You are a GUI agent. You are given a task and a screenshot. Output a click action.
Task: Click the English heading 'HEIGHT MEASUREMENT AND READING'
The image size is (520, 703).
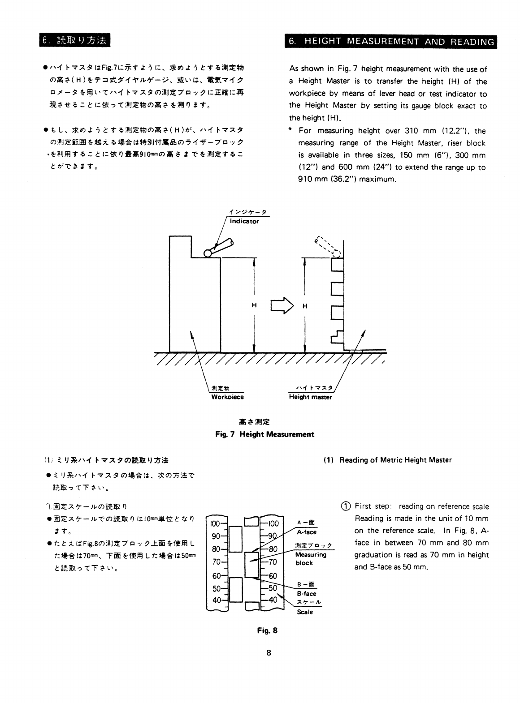tap(399, 42)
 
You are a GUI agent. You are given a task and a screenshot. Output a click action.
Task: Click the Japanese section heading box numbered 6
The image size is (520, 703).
tap(74, 40)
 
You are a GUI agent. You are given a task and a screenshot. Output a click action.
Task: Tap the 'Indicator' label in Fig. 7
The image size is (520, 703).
tap(244, 221)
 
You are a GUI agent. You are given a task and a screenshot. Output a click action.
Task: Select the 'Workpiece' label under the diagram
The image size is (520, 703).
tap(227, 397)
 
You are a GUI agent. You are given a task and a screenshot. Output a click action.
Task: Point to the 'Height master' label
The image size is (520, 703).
tap(310, 397)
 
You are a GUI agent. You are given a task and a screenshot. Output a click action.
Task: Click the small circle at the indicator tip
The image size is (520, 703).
tap(208, 254)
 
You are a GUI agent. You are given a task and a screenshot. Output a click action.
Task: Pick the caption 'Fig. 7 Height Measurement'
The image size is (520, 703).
tap(264, 434)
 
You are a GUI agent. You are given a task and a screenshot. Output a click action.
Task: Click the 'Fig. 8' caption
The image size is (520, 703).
tap(267, 630)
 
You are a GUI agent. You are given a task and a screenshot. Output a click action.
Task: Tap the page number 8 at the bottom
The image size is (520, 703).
tap(269, 652)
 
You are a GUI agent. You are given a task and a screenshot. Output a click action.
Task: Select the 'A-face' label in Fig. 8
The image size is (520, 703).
tap(307, 532)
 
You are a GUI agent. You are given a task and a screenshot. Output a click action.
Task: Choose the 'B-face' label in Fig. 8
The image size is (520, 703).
tap(307, 593)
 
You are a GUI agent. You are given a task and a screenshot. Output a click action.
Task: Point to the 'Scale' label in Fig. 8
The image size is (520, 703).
tap(305, 612)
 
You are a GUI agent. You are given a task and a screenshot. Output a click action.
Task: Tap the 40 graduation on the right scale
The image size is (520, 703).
tap(273, 600)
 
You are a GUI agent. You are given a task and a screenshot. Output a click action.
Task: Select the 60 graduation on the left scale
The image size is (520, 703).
tap(217, 576)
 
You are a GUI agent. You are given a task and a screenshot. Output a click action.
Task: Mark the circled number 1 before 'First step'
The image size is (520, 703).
tap(346, 506)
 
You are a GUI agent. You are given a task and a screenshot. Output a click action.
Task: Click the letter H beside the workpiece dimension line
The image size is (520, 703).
tap(254, 305)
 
